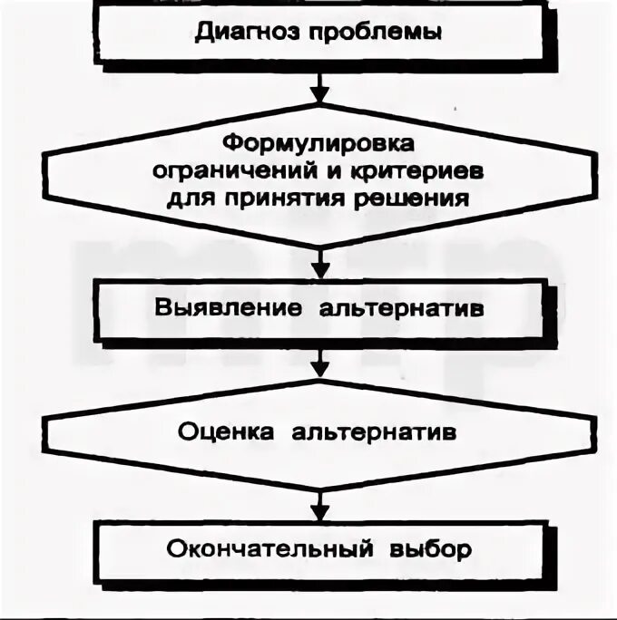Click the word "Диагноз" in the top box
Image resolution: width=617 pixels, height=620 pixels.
tap(238, 34)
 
